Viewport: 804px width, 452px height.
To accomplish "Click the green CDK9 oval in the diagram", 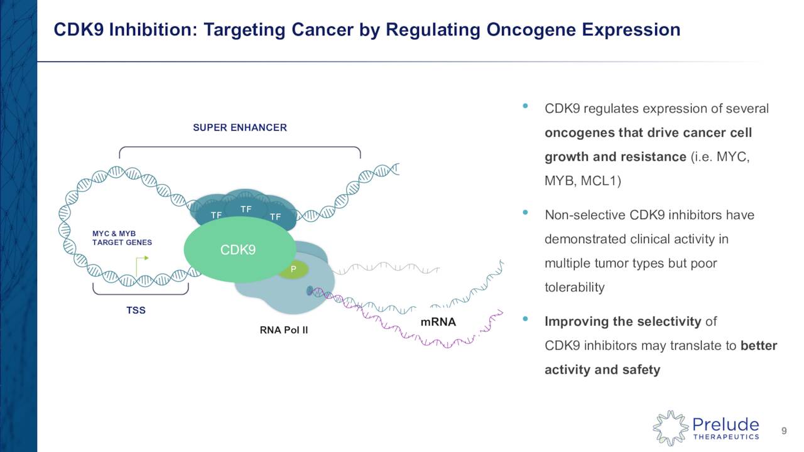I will [239, 250].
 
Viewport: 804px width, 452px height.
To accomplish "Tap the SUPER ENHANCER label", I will [239, 127].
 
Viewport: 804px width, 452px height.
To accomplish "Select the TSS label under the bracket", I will [136, 310].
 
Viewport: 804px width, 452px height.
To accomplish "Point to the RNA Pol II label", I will [284, 329].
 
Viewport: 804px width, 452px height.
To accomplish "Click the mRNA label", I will [438, 323].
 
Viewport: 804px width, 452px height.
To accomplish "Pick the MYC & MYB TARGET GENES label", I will [122, 238].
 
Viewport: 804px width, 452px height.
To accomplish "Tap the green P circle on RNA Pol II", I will [293, 270].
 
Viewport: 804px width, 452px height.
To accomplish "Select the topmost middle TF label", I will [246, 208].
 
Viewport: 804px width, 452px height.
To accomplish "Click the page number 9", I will [783, 431].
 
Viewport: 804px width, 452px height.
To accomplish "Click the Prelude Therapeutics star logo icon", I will [670, 428].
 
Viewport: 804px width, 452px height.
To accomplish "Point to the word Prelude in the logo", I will [725, 424].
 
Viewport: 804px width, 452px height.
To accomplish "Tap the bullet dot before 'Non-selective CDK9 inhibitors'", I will [525, 213].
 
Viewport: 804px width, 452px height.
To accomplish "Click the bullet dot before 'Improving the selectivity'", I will [525, 320].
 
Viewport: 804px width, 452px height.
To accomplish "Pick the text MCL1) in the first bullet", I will [599, 181].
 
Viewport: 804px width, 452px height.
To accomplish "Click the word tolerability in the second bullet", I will [574, 288].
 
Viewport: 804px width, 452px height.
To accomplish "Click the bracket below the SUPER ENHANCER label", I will [239, 151].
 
